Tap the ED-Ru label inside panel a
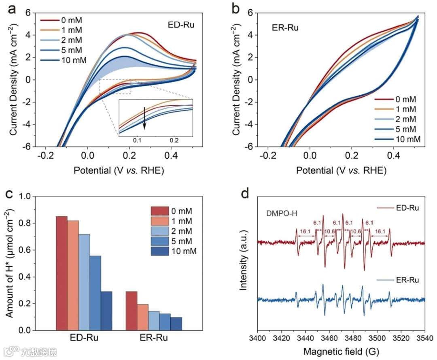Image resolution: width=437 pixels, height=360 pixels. click(x=181, y=25)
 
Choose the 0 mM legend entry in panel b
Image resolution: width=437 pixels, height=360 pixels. click(x=405, y=99)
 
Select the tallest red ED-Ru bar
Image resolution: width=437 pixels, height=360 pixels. click(x=62, y=273)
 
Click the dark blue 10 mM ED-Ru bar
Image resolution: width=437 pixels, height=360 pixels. click(x=107, y=311)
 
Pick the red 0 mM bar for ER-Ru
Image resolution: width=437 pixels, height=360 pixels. click(x=132, y=311)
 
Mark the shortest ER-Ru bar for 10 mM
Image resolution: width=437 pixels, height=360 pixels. click(x=176, y=324)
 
